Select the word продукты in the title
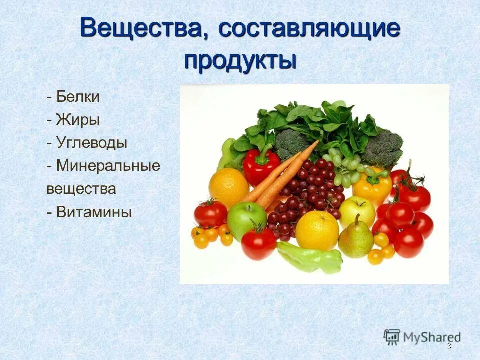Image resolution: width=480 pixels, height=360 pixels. [240, 60]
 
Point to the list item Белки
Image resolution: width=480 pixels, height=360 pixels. [78, 97]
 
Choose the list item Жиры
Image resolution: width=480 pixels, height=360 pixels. [78, 120]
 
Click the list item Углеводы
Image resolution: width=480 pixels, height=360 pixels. [92, 143]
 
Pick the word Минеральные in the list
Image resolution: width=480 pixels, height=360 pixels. [108, 166]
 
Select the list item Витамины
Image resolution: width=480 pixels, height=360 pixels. [94, 212]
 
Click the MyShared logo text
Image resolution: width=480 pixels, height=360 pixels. [432, 337]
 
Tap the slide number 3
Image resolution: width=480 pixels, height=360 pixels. [449, 346]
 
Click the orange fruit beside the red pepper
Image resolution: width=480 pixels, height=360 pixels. [228, 187]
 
